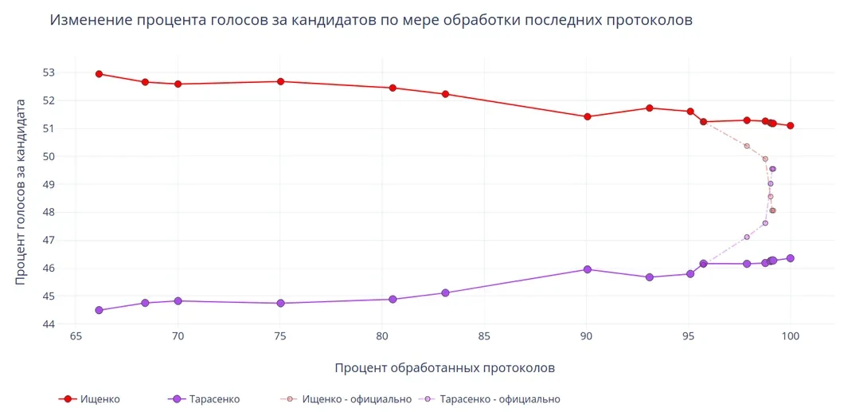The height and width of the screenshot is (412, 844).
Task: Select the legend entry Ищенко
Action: (100, 399)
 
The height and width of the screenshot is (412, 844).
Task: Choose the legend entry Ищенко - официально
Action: (356, 399)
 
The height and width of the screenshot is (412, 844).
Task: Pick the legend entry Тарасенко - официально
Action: (499, 399)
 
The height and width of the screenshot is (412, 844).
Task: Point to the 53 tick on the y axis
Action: (49, 73)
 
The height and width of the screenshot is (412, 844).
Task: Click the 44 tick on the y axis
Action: (49, 324)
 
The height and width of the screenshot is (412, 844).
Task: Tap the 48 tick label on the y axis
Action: (49, 212)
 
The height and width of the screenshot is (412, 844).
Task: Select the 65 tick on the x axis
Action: (76, 336)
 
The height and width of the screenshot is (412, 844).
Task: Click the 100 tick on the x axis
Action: (791, 336)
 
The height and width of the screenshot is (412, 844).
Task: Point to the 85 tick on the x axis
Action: (484, 336)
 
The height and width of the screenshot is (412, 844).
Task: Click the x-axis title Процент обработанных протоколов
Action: (444, 368)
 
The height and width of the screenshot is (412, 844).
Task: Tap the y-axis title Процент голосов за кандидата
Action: (21, 191)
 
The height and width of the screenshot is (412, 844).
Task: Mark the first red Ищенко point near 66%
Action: (99, 74)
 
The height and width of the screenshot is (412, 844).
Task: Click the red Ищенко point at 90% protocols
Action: (588, 116)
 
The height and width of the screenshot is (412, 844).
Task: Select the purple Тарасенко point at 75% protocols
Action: (280, 304)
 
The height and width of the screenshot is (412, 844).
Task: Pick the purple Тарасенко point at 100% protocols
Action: (791, 258)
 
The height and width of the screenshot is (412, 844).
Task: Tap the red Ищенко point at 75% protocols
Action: (280, 81)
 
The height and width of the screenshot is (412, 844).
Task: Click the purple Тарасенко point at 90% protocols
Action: (588, 269)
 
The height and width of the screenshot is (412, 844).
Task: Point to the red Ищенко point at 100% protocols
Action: (791, 126)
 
